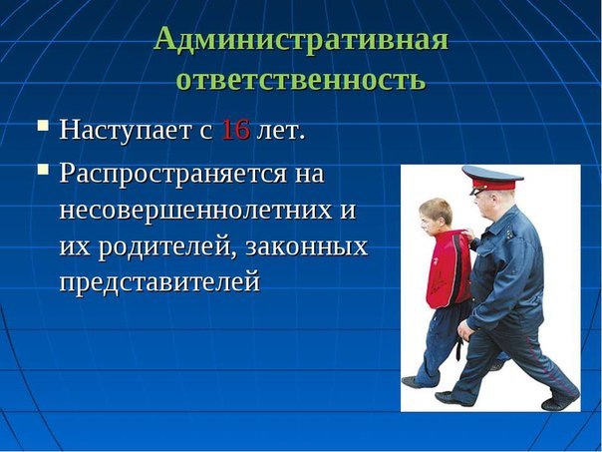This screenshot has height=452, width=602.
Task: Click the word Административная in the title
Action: pyautogui.click(x=301, y=39)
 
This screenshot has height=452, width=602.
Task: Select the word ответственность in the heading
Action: pyautogui.click(x=301, y=79)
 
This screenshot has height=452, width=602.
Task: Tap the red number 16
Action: pyautogui.click(x=236, y=130)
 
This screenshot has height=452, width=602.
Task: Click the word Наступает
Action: pyautogui.click(x=126, y=130)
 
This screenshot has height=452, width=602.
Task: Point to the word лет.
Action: pyautogui.click(x=281, y=131)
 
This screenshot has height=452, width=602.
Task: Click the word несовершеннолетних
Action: pyautogui.click(x=195, y=211)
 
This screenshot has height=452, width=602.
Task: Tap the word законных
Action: pyautogui.click(x=306, y=247)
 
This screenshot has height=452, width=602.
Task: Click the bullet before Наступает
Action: pyautogui.click(x=43, y=126)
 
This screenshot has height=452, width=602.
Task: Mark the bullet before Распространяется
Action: pyautogui.click(x=43, y=170)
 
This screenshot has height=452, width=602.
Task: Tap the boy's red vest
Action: pyautogui.click(x=449, y=269)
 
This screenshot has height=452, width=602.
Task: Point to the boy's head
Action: pyautogui.click(x=435, y=218)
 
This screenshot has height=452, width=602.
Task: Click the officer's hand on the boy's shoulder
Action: pyautogui.click(x=467, y=234)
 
